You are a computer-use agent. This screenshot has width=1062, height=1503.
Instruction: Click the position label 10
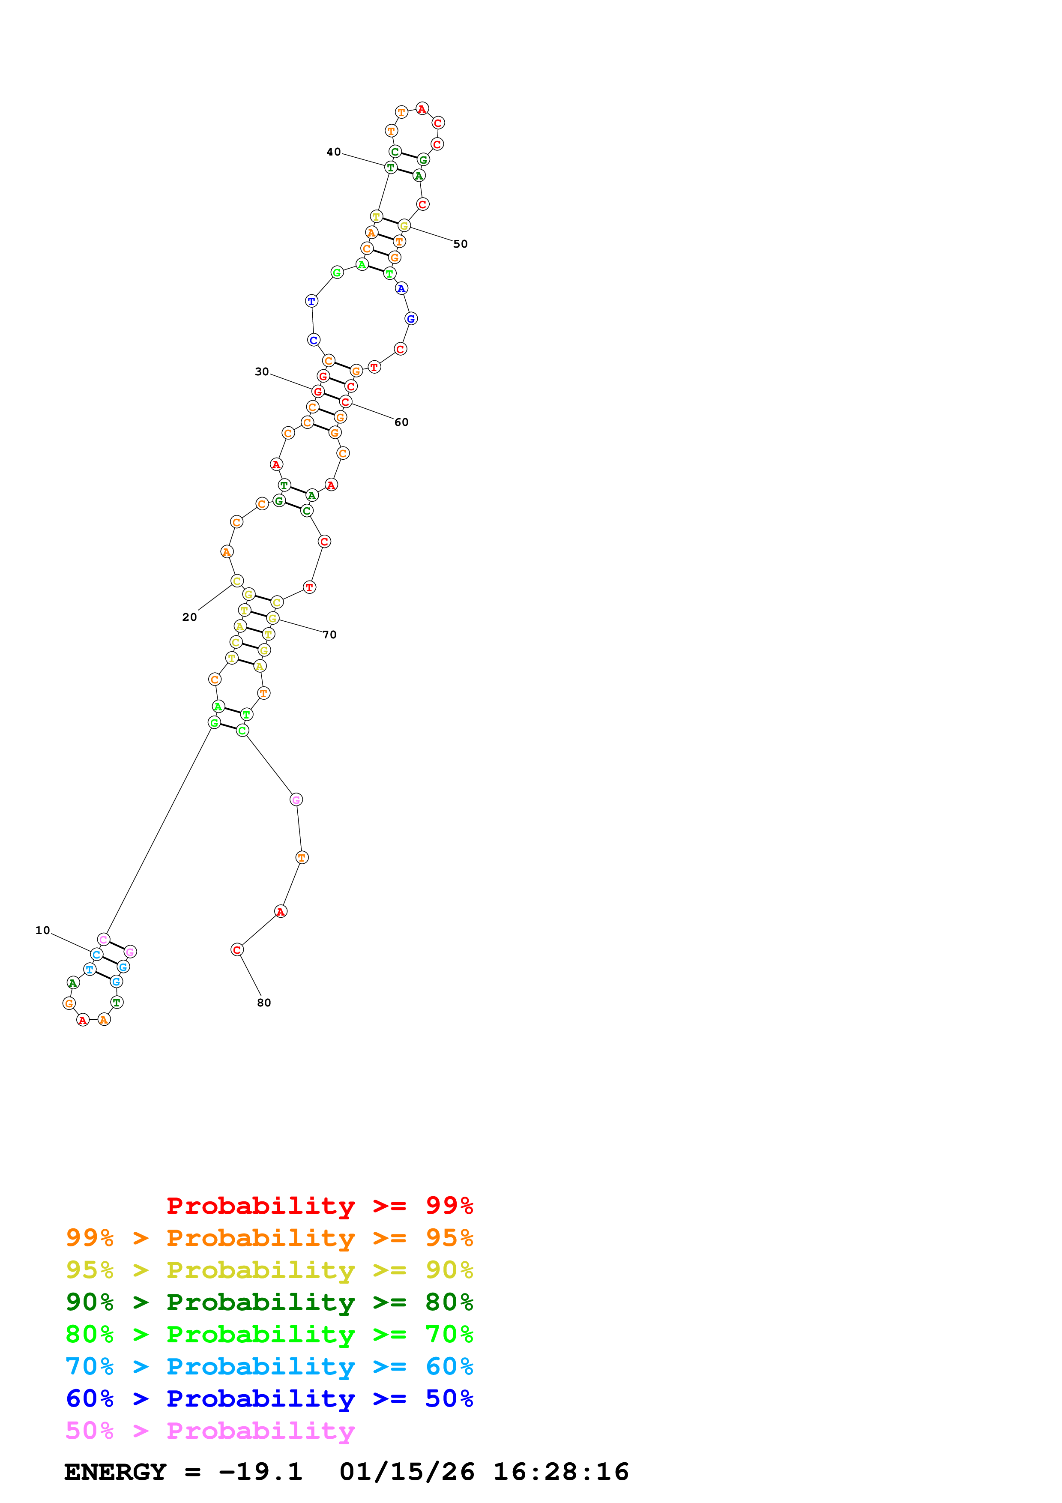tap(42, 930)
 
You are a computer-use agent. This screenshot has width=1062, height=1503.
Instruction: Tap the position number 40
tap(334, 152)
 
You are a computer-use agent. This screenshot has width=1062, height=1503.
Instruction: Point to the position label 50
tap(461, 244)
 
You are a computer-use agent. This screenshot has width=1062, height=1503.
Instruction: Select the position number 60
tap(401, 422)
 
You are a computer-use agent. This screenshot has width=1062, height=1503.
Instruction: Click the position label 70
tap(329, 635)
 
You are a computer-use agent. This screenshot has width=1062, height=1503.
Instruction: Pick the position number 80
tap(264, 1002)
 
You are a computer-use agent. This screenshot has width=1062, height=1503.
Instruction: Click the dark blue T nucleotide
tap(311, 301)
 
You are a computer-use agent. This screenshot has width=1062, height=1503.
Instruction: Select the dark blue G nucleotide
tap(411, 319)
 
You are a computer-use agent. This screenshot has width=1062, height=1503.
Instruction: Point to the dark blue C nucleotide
tap(314, 340)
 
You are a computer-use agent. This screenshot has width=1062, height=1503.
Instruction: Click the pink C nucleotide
tap(103, 939)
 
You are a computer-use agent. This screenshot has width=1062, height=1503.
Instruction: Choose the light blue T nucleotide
tap(90, 969)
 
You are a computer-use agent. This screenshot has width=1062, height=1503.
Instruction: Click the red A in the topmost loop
tap(422, 109)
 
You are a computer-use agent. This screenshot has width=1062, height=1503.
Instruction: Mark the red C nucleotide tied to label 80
tap(237, 950)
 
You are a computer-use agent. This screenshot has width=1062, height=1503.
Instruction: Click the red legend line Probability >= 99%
tap(319, 1206)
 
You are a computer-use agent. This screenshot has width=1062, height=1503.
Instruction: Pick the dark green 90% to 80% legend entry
tap(269, 1302)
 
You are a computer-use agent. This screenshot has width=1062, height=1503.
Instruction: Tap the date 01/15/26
tap(407, 1472)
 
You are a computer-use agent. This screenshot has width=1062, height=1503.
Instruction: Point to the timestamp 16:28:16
tap(561, 1472)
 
